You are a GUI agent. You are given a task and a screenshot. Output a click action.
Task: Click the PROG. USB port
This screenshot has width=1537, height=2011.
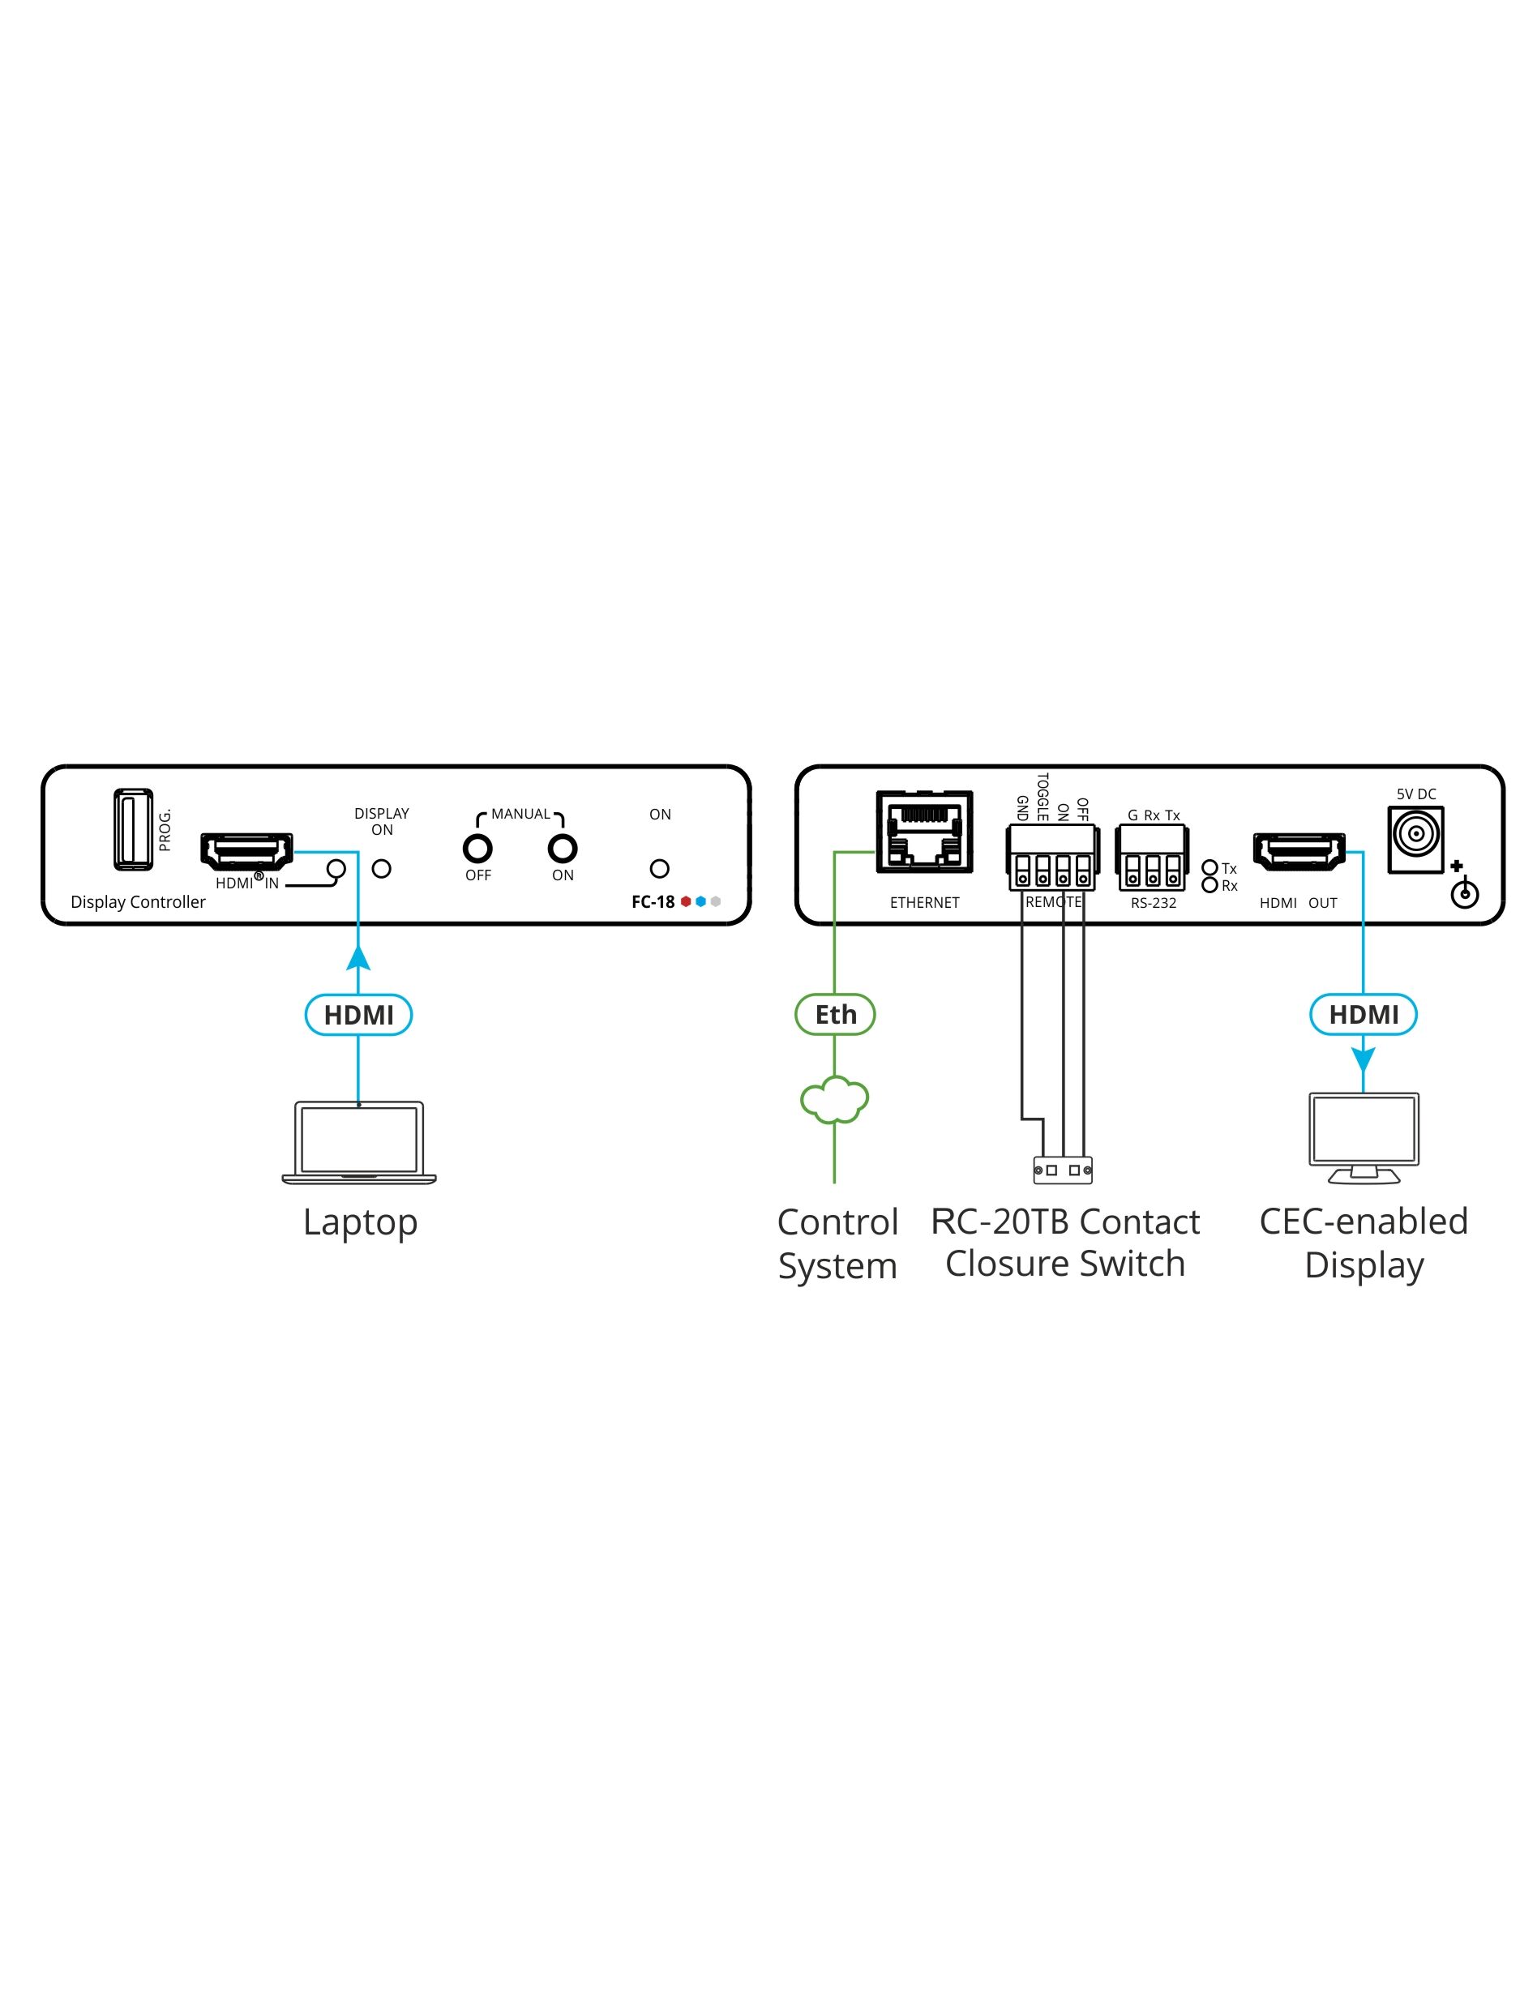click(x=133, y=829)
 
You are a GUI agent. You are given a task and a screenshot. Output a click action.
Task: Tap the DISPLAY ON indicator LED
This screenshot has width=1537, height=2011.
click(x=382, y=869)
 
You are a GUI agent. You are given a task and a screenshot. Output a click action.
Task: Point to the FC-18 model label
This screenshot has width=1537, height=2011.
click(x=653, y=901)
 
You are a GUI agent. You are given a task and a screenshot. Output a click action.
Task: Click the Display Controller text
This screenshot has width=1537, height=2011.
click(x=138, y=901)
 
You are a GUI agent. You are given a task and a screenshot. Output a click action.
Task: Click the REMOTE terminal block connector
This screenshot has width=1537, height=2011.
click(x=1052, y=858)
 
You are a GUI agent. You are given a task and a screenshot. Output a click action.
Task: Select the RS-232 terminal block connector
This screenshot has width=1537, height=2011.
click(x=1152, y=858)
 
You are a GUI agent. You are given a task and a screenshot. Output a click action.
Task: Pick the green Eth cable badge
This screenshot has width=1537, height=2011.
click(x=835, y=1014)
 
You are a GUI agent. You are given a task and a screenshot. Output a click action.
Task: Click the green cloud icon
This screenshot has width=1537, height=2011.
click(x=834, y=1099)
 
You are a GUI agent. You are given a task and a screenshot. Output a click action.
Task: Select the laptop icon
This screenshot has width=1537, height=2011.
click(x=358, y=1142)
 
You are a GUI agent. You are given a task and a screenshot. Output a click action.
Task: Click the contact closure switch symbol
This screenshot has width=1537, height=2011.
click(x=1062, y=1170)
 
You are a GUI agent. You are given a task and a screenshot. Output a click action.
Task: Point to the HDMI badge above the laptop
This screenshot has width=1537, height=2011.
click(x=358, y=1014)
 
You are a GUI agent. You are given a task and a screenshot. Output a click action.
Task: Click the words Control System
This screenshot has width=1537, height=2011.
click(x=837, y=1243)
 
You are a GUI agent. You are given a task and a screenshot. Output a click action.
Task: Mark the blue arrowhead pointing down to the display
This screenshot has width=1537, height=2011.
click(x=1364, y=1059)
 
